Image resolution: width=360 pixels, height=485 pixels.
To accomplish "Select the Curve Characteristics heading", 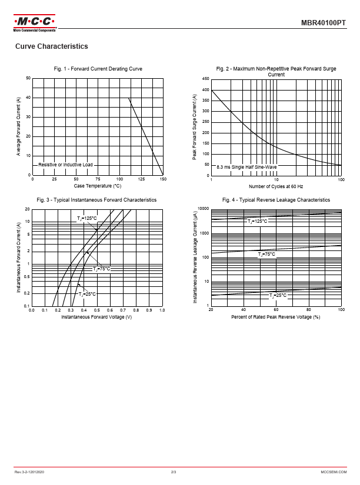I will coord(52,46).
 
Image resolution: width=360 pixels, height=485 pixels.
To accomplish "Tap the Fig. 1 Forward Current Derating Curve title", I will coord(98,69).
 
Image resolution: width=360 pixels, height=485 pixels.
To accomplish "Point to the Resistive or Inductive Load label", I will coord(65,165).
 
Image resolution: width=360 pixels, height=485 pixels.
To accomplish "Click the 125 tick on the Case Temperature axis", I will coord(142,179).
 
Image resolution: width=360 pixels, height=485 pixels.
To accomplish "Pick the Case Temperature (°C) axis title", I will coord(98,186).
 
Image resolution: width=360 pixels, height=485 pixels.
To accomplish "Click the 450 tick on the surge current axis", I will coord(205,79).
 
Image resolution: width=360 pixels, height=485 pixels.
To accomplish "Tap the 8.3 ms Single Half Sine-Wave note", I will coord(246,167).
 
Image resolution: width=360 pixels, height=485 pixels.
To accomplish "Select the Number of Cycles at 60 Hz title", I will coord(276,186).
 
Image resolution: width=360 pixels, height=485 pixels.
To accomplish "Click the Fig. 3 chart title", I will coord(96,200).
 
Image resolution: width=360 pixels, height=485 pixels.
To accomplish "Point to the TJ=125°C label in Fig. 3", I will coord(87,219).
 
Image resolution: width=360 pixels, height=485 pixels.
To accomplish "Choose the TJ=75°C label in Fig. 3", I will coord(101,269).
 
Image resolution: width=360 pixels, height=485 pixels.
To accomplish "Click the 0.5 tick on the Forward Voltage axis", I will coord(97,310).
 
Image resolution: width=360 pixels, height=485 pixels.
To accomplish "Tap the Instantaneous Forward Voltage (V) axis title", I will coord(96,317).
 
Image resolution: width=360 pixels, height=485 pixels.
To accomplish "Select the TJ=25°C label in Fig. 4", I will coord(278,295).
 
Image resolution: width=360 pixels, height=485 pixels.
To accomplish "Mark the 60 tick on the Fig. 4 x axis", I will coord(276,310).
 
